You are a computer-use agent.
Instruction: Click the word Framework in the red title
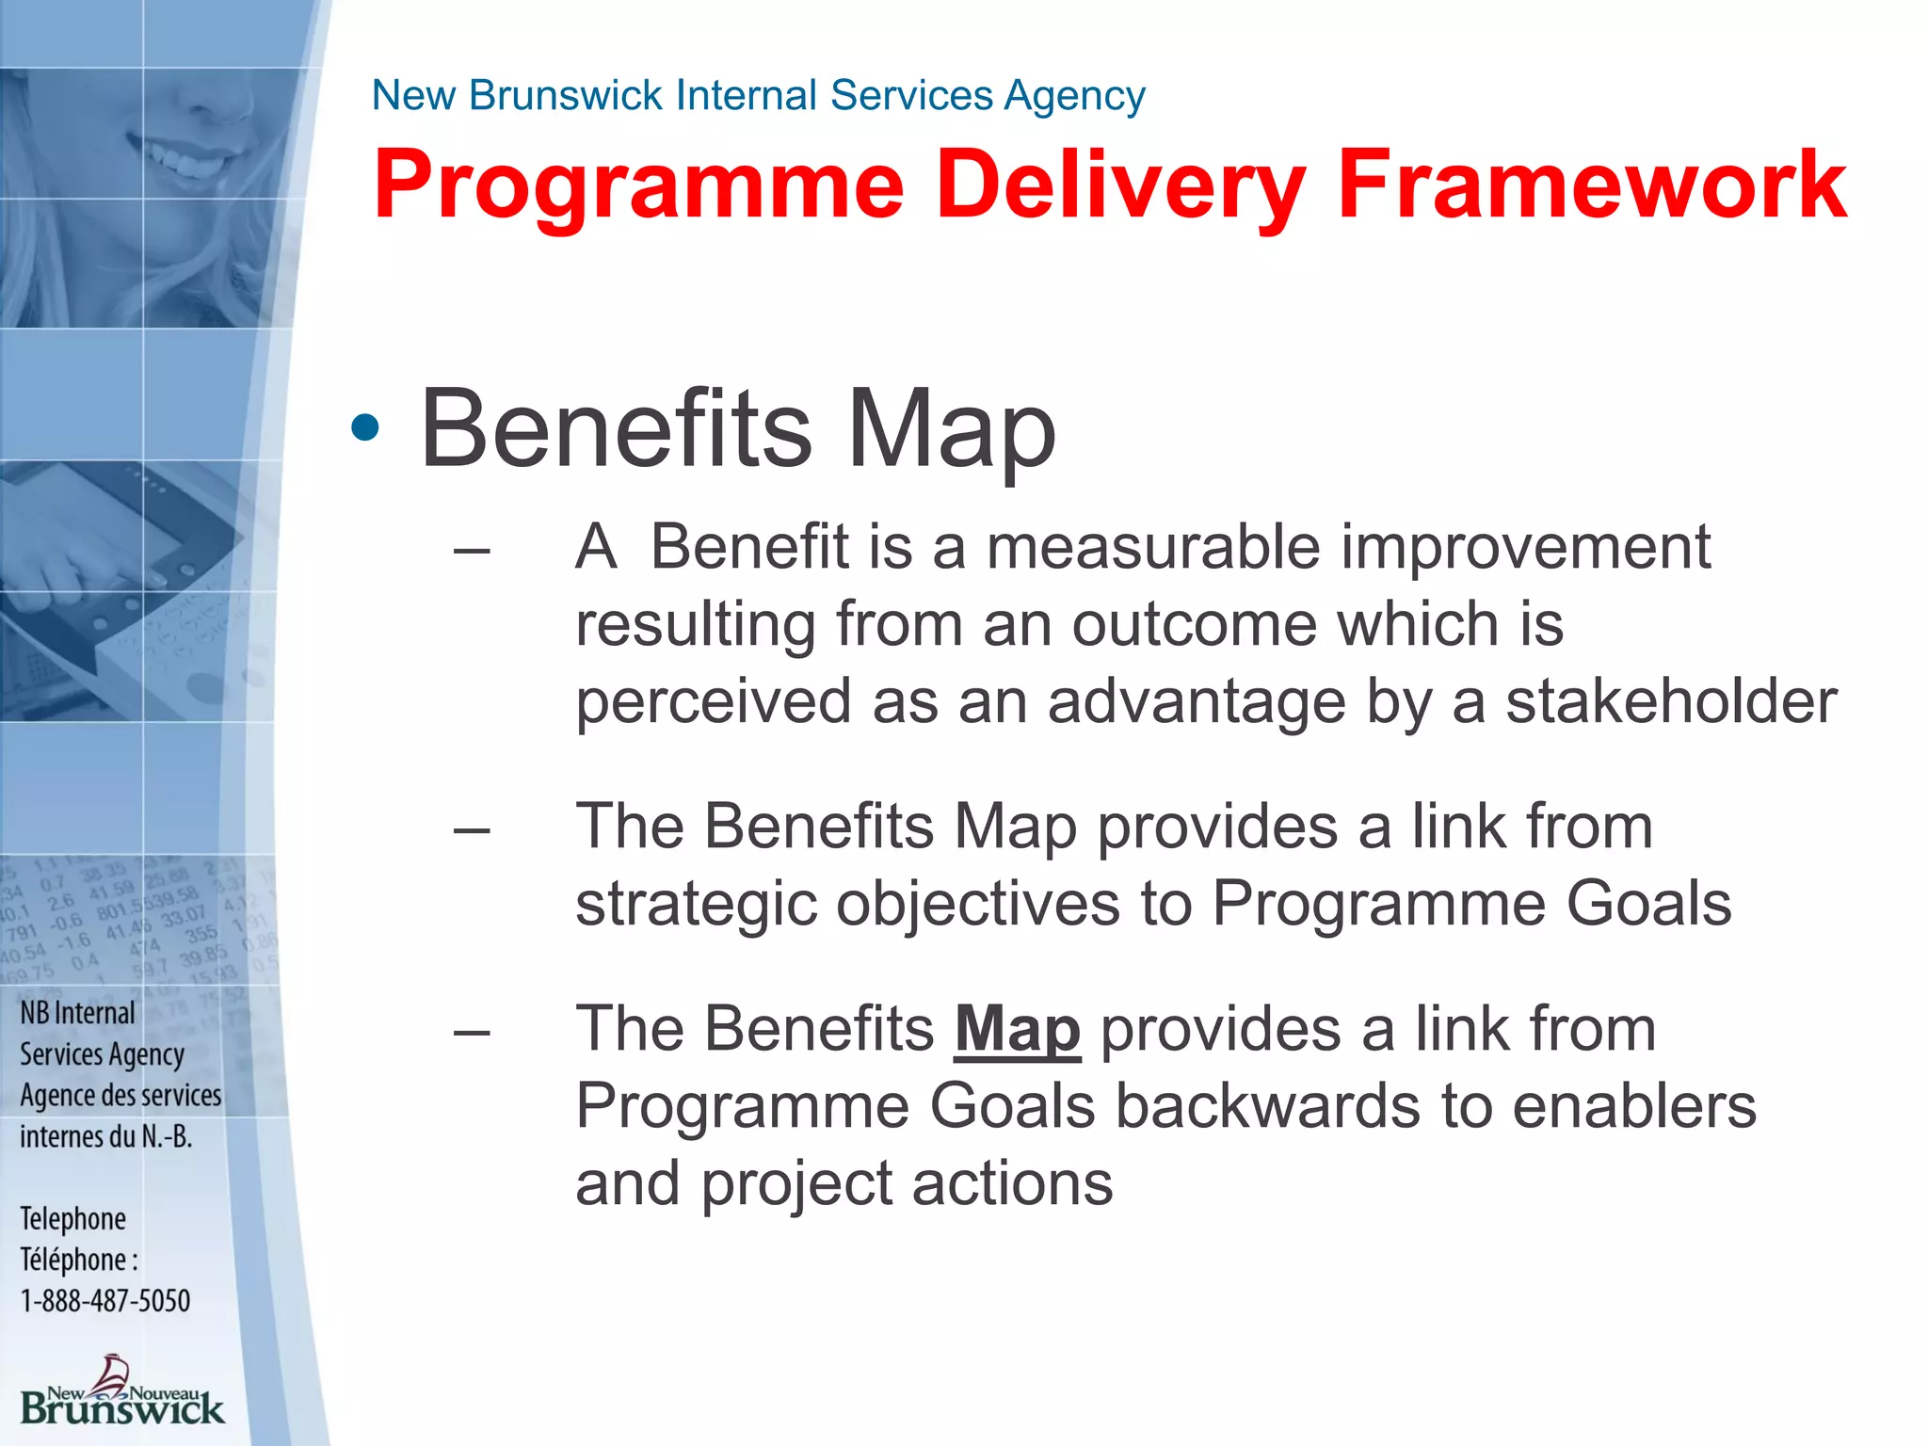pos(1591,185)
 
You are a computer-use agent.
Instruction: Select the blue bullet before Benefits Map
pos(364,429)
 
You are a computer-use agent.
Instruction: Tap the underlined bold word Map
pos(1017,1030)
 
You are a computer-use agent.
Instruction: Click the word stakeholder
pos(1671,701)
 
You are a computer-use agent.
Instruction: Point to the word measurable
pos(1153,547)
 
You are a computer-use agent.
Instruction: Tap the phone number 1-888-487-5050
pos(105,1301)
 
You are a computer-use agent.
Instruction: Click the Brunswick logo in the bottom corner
pos(121,1393)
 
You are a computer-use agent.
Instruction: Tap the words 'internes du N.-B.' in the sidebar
pos(105,1137)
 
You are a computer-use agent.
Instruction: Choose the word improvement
pos(1525,547)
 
